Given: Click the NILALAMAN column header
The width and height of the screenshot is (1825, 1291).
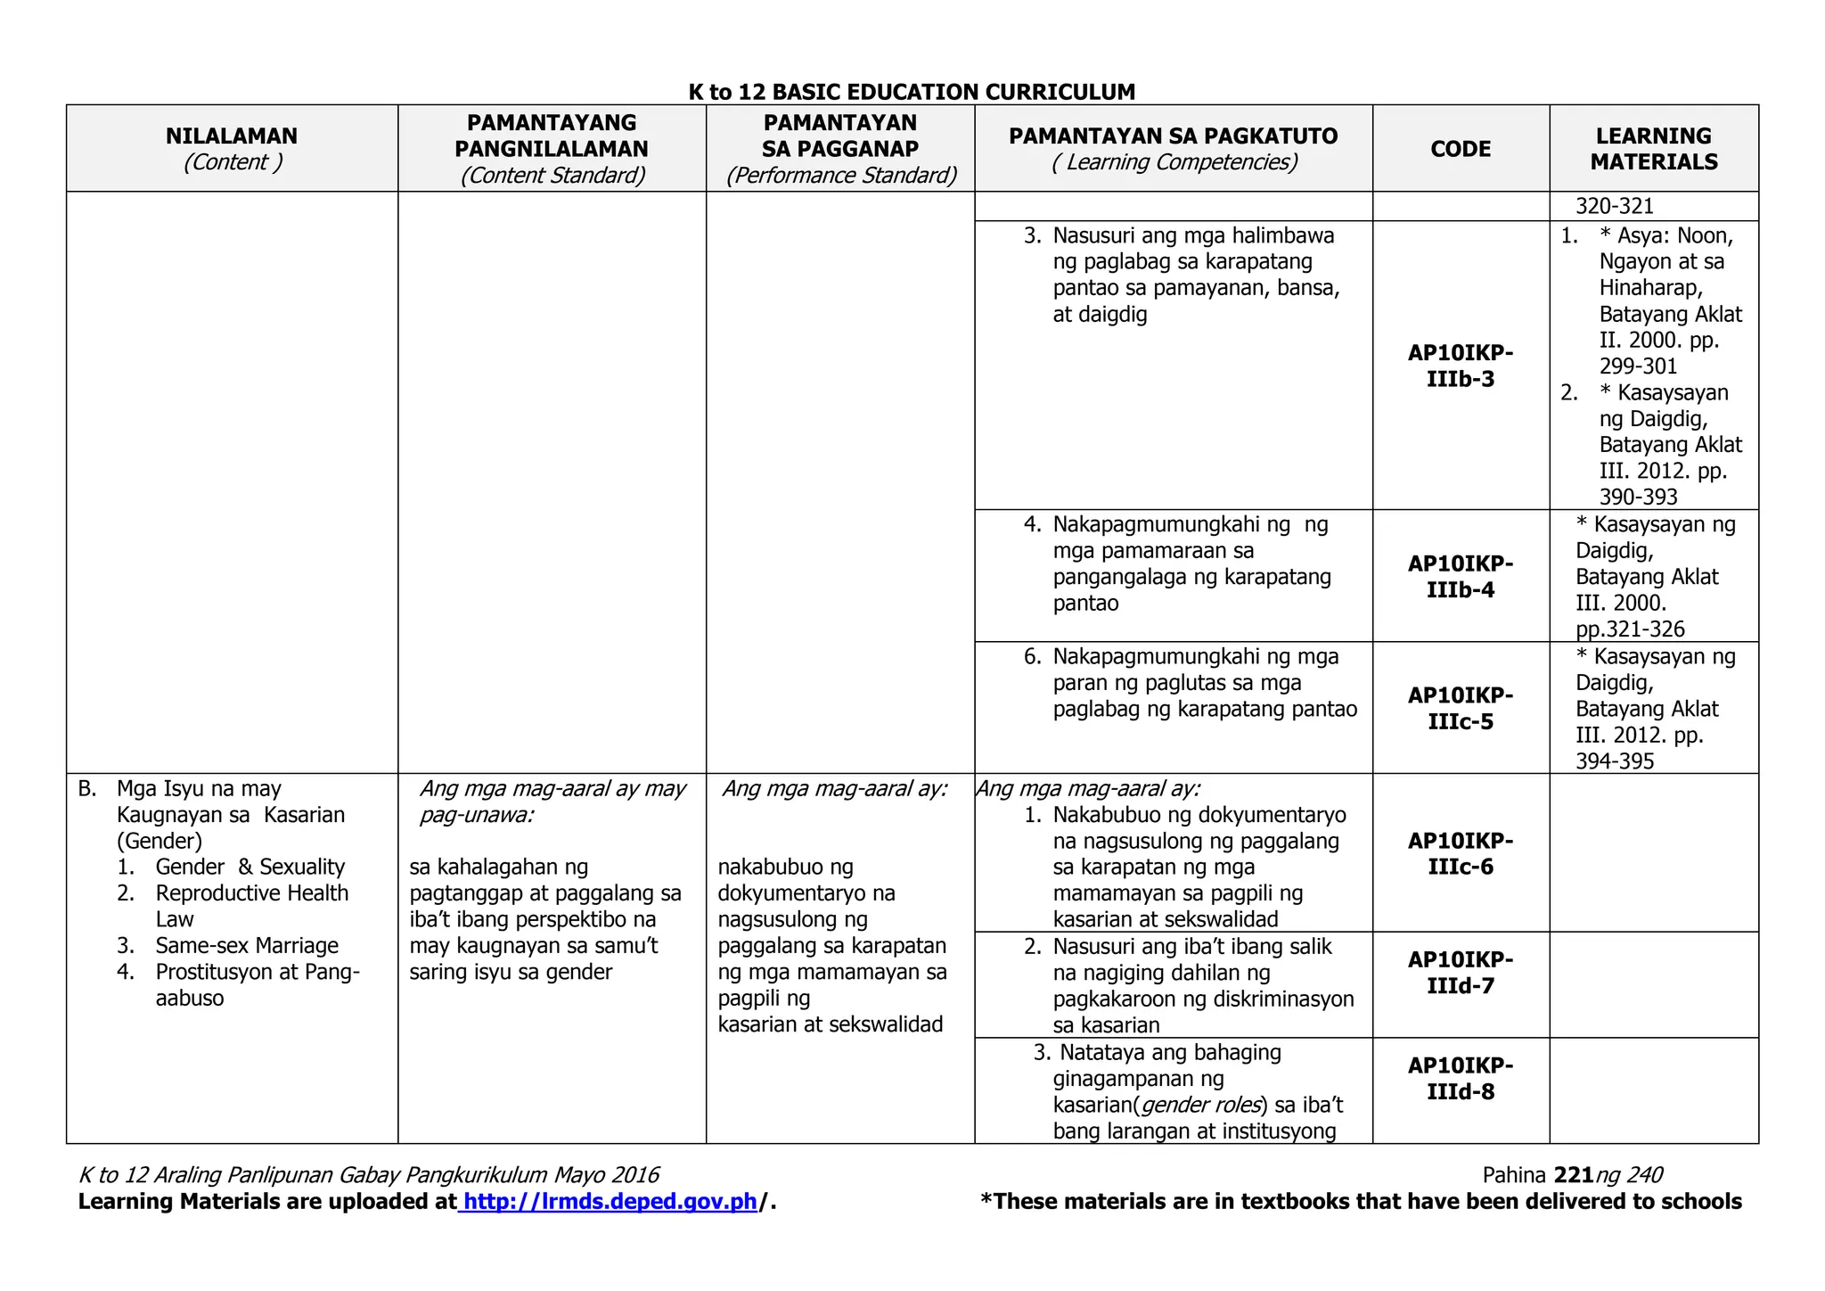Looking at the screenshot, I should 232,136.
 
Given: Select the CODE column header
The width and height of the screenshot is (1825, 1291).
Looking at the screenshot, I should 1461,149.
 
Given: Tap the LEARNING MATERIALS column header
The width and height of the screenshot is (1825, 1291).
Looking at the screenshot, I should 1653,149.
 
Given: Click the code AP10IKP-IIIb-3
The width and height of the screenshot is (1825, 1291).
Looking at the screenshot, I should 1461,366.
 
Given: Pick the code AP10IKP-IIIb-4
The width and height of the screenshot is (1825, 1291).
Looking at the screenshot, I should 1461,577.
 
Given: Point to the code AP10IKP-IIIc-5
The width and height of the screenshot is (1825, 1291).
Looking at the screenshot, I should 1461,708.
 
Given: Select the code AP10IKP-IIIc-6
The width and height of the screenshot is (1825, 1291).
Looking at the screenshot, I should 1461,853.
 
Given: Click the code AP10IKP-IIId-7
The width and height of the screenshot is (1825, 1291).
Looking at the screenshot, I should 1461,973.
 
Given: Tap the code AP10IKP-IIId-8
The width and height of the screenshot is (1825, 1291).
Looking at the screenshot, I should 1461,1079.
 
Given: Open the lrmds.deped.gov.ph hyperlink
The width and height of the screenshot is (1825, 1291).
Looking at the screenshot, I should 610,1202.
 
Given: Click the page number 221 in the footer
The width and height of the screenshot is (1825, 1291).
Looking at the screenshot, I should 1573,1175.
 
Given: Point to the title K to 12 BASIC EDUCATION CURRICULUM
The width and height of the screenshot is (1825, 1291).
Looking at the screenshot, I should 912,92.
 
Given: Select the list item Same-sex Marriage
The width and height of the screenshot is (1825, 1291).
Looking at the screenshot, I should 247,945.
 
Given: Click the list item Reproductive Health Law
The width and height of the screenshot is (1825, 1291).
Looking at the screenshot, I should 251,893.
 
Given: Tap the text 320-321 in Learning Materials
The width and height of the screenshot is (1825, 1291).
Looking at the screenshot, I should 1615,206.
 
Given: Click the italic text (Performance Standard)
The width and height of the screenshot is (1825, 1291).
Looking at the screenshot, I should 840,176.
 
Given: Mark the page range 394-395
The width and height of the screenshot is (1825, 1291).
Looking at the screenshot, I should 1615,761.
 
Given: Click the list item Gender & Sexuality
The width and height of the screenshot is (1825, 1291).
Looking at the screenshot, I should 250,867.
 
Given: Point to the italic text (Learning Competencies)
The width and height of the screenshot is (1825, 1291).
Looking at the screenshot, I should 1174,162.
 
